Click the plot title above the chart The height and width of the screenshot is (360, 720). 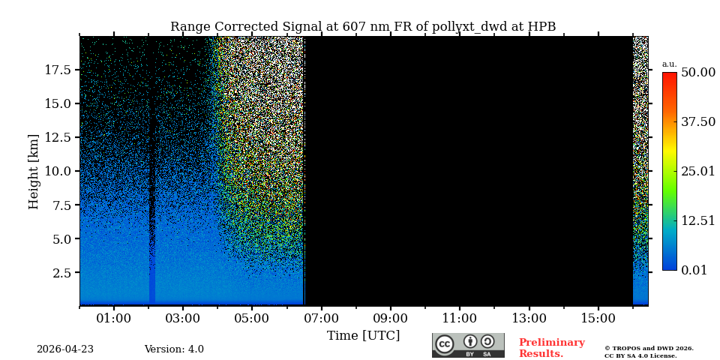tap(363, 27)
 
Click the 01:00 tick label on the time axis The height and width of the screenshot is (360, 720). tap(114, 319)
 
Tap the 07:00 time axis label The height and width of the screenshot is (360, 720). tap(321, 319)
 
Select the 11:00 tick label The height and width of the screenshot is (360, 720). tap(459, 319)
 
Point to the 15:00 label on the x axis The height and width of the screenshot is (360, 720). tap(598, 319)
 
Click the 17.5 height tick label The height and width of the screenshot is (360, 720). tap(58, 70)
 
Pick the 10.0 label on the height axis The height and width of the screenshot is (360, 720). tap(58, 171)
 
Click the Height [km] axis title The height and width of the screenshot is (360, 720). tap(34, 171)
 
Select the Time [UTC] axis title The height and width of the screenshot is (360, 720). tap(363, 336)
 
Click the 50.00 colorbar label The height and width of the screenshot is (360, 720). tap(697, 73)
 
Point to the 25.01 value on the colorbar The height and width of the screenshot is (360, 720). tap(697, 172)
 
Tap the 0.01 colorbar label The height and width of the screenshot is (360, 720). tap(694, 270)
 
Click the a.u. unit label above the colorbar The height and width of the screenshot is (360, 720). tap(669, 64)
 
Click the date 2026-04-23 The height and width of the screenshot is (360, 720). tap(65, 349)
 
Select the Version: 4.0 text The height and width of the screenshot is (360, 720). tap(174, 349)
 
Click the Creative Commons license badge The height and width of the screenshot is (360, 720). tap(468, 345)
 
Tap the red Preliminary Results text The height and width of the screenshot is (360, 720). tap(551, 348)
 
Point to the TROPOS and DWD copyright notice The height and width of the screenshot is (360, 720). tap(649, 352)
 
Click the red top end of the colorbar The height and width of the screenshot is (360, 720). tap(669, 76)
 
